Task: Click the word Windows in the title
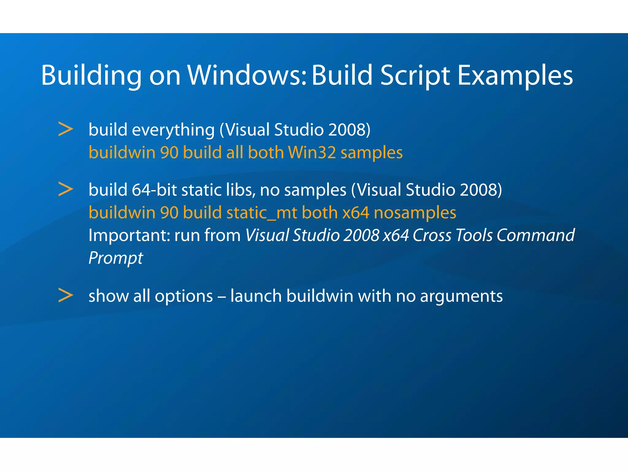pyautogui.click(x=247, y=75)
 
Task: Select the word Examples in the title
pyautogui.click(x=515, y=75)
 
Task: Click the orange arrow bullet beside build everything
pyautogui.click(x=66, y=129)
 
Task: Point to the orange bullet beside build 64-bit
pyautogui.click(x=66, y=189)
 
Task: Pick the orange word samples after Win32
pyautogui.click(x=371, y=153)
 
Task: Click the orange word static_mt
pyautogui.click(x=262, y=213)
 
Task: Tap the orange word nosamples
pyautogui.click(x=415, y=213)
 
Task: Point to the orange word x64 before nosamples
pyautogui.click(x=356, y=213)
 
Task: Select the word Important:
pyautogui.click(x=129, y=235)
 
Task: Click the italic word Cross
pyautogui.click(x=432, y=235)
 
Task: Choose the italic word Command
pyautogui.click(x=535, y=235)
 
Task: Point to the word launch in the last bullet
pyautogui.click(x=256, y=296)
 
